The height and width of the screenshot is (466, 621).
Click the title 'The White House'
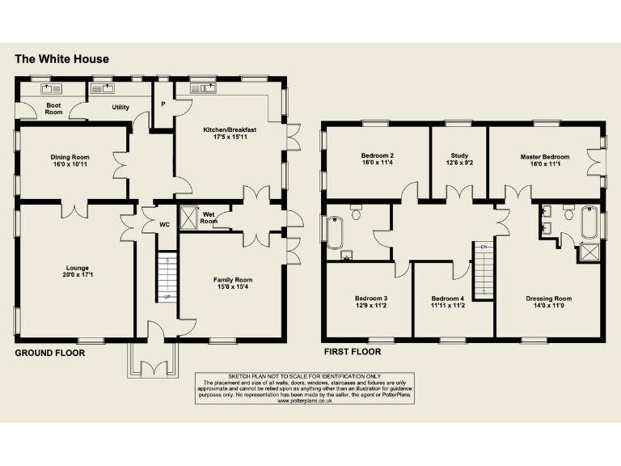click(62, 59)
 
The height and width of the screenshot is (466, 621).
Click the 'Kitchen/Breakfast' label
click(229, 129)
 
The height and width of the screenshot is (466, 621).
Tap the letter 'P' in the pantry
click(163, 104)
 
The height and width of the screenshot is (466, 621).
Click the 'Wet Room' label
click(209, 217)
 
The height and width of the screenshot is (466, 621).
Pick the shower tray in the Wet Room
click(188, 217)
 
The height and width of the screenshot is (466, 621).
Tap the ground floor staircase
click(166, 276)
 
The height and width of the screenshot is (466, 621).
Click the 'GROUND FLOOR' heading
click(50, 353)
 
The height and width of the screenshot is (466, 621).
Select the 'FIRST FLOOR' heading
click(352, 352)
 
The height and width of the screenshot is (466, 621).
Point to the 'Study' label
click(458, 156)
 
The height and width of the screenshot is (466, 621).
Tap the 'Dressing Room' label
click(549, 298)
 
